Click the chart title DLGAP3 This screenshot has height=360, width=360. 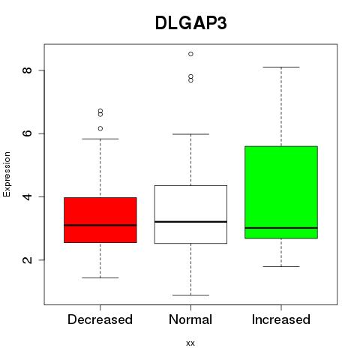tap(191, 23)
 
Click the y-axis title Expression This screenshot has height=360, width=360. tap(7, 174)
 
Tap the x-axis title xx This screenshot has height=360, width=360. tap(190, 343)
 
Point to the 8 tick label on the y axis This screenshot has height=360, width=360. tap(27, 70)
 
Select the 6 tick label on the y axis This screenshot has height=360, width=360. tap(27, 133)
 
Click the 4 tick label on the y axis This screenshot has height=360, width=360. tap(27, 196)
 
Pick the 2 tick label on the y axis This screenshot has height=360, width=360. tap(27, 259)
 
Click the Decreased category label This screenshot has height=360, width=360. tap(100, 319)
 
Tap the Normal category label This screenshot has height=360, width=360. tap(190, 319)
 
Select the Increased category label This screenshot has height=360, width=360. tap(281, 319)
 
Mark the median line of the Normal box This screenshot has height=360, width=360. tap(190, 222)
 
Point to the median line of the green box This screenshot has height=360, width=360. tap(281, 228)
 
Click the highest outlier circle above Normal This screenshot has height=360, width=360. tap(190, 54)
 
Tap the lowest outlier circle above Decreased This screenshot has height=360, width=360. tap(100, 128)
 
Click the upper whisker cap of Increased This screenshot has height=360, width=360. tap(281, 67)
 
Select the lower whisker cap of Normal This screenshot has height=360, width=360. tap(190, 295)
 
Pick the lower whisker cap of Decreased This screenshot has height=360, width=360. tap(100, 277)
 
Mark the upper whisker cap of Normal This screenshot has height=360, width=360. tap(190, 134)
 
